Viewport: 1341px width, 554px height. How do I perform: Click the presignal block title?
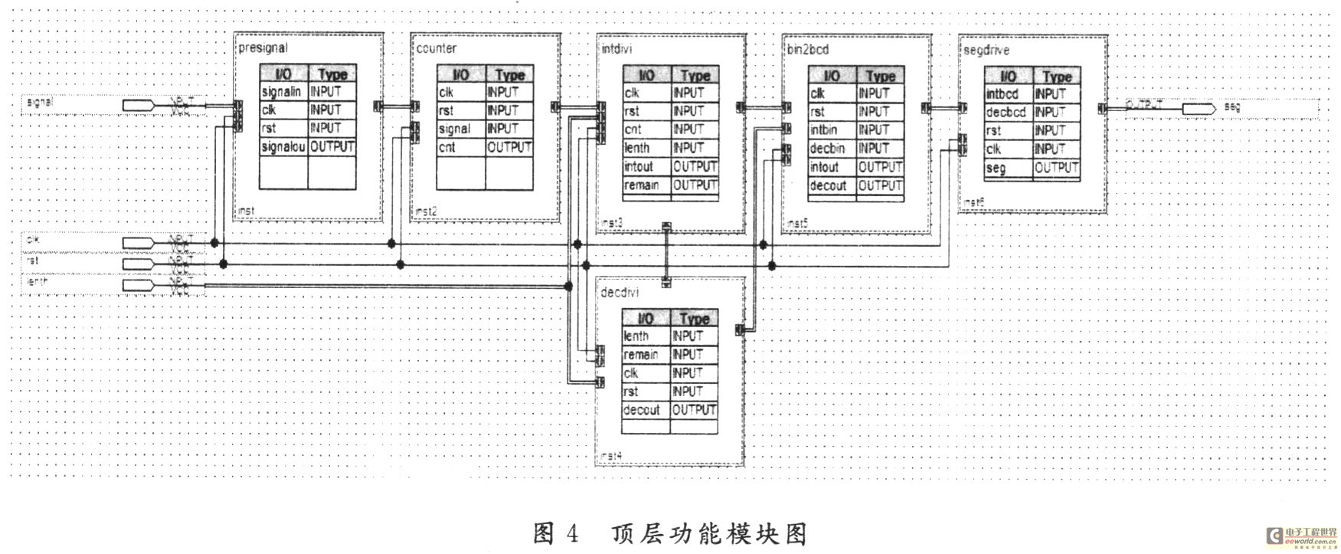[263, 48]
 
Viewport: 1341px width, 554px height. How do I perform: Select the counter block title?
[436, 48]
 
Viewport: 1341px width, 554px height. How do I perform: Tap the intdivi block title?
[617, 49]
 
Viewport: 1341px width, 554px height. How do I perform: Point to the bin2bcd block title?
[807, 49]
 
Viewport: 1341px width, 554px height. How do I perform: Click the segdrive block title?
[986, 51]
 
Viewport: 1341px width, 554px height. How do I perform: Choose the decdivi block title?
[620, 293]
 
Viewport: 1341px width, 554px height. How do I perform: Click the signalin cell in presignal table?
[281, 91]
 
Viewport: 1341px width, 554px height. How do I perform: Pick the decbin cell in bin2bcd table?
[827, 149]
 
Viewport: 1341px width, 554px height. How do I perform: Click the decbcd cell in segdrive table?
[1005, 113]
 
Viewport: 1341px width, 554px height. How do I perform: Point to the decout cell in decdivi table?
[641, 410]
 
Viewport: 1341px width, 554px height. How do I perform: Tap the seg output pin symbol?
[1199, 109]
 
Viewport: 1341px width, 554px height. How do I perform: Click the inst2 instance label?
[425, 211]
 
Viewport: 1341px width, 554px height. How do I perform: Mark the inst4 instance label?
[611, 455]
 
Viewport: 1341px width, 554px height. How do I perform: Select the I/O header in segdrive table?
[1008, 76]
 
